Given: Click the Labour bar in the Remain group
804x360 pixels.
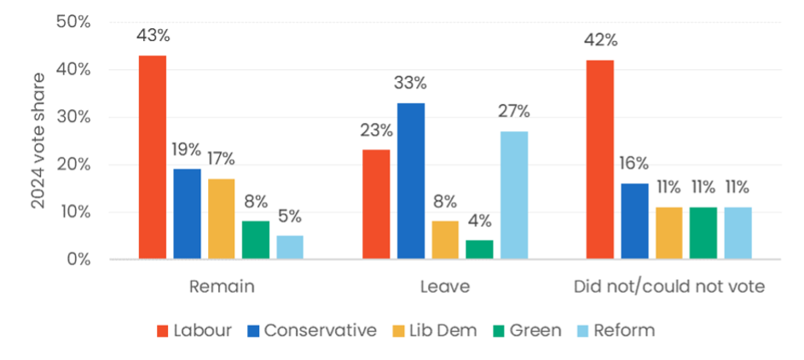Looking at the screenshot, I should click(152, 157).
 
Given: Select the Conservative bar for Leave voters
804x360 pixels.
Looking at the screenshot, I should click(410, 181).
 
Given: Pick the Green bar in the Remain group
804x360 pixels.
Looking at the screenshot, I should click(255, 240).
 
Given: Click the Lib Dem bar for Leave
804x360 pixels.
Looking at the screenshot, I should click(445, 240).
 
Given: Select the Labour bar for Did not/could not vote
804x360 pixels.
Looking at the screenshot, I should click(599, 160).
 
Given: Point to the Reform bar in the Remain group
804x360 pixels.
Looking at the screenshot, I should click(290, 247).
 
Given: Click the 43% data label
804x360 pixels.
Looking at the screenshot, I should click(153, 36).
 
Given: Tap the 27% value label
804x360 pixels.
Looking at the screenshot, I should click(514, 112).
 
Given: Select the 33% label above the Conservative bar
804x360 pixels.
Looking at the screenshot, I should click(410, 84).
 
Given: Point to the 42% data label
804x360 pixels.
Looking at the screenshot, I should click(599, 40).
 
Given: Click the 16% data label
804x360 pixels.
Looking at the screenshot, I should click(634, 163).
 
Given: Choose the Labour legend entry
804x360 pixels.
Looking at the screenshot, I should click(194, 330).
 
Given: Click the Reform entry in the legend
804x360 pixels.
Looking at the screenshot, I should click(613, 330).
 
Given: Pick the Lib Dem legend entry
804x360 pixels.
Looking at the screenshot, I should click(447, 330).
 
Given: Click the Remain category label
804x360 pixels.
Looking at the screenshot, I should click(221, 287).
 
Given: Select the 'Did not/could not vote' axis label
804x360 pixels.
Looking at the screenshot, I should click(668, 287).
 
